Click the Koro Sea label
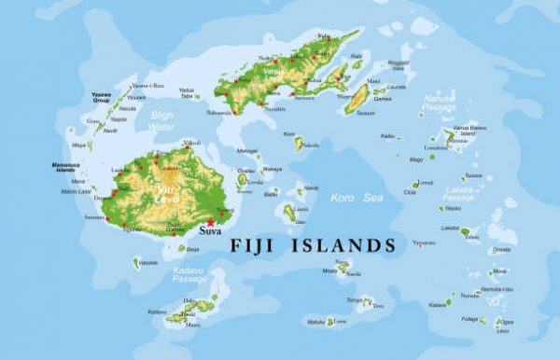(x=356, y=197)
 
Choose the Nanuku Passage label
(x=438, y=102)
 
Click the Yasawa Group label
(x=102, y=96)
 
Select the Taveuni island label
(x=366, y=113)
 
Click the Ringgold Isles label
(x=399, y=65)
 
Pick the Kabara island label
(x=438, y=304)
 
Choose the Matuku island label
(x=315, y=321)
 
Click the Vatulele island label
(x=148, y=263)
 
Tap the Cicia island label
(x=410, y=193)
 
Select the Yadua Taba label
(x=187, y=93)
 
